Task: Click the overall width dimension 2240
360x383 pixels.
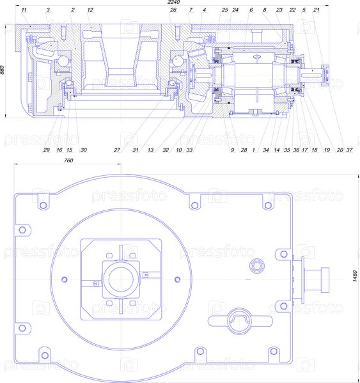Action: click(173, 2)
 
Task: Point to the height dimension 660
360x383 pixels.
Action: click(2, 70)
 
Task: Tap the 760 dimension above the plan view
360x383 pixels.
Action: click(68, 160)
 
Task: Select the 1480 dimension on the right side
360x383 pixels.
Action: click(356, 276)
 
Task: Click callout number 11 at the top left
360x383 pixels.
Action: click(24, 10)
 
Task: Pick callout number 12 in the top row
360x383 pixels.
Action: click(90, 10)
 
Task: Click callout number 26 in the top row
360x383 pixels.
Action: click(173, 10)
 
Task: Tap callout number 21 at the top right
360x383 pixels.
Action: click(317, 10)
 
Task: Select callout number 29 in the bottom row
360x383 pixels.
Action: click(47, 150)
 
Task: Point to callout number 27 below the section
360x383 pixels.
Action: click(117, 150)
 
